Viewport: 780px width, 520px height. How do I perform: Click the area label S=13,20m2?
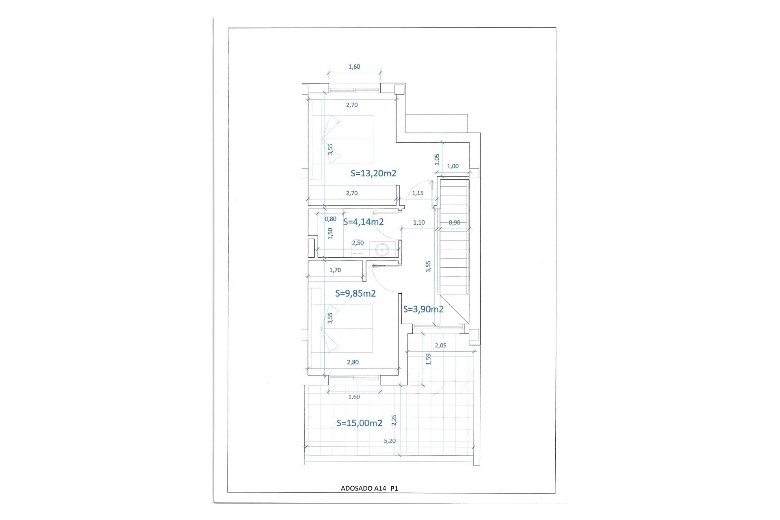click(x=373, y=173)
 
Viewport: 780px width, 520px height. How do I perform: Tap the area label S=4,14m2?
click(x=363, y=222)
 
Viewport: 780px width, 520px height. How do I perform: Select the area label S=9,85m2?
click(x=355, y=293)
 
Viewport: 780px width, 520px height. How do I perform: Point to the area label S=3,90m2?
click(x=423, y=309)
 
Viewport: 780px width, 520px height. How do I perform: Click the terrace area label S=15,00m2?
click(x=360, y=423)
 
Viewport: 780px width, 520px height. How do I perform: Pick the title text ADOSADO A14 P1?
click(x=369, y=489)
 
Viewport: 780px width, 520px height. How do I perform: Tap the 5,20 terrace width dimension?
click(x=389, y=441)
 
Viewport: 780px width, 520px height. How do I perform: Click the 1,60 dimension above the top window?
click(x=354, y=67)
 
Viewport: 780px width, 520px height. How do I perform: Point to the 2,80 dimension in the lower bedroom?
click(x=353, y=362)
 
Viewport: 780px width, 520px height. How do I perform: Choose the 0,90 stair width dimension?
click(x=455, y=222)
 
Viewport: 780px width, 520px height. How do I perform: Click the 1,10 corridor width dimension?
click(x=419, y=222)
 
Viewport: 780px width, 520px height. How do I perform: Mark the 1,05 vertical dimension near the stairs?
click(x=437, y=160)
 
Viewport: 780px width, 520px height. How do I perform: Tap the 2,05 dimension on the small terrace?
click(x=440, y=346)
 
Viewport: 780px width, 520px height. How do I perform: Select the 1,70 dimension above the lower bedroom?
click(x=335, y=270)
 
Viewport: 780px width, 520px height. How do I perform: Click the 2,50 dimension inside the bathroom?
click(x=357, y=243)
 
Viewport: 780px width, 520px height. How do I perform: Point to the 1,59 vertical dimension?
click(x=428, y=359)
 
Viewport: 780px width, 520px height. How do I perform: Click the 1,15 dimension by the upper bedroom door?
click(x=418, y=193)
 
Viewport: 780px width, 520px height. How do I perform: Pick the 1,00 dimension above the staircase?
click(x=453, y=166)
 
